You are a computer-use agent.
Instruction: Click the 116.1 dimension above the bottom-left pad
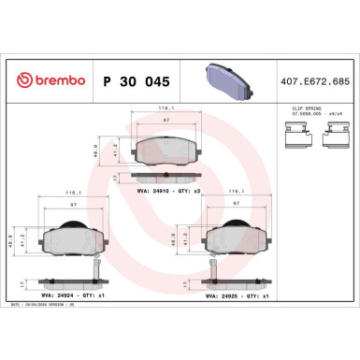coord(69,192)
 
